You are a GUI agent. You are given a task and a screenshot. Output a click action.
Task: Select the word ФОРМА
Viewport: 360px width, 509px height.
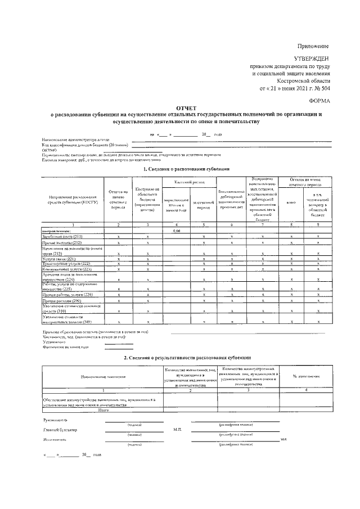(x=318, y=101)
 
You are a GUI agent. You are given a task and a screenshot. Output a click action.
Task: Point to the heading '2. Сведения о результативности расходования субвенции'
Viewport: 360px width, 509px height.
(x=186, y=358)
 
